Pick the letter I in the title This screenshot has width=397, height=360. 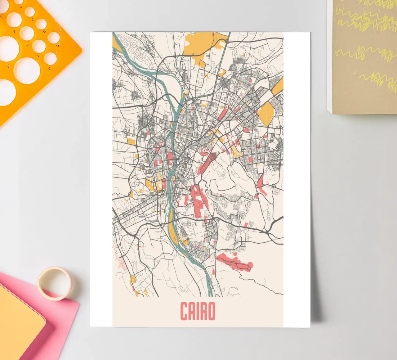197,311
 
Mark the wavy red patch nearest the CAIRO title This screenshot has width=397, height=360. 236,261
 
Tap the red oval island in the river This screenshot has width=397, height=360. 170,158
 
